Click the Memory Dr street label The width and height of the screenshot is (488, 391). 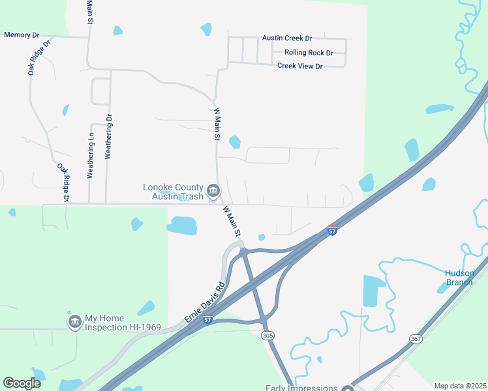point(22,35)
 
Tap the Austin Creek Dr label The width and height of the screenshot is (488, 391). point(287,38)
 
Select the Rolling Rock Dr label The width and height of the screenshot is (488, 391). point(309,53)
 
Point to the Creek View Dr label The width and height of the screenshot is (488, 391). point(299,66)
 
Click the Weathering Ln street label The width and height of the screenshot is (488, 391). point(91,154)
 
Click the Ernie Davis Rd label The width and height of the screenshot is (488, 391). point(204,300)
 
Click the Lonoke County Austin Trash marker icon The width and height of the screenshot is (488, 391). point(213,190)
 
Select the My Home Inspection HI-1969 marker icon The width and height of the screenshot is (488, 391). point(74,321)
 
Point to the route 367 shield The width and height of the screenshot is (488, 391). point(416,339)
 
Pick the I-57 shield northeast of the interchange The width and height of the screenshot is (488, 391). point(332,231)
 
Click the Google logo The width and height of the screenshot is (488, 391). point(22,383)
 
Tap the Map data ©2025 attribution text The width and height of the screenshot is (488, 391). point(460,386)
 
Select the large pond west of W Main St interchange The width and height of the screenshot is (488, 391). point(182,225)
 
